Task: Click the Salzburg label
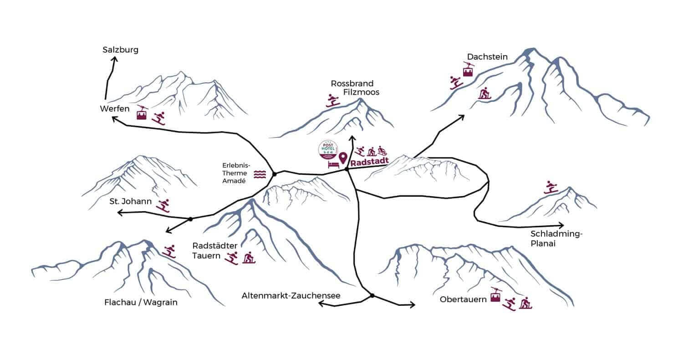point(120,50)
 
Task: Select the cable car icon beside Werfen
point(142,112)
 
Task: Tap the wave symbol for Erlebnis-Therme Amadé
point(260,174)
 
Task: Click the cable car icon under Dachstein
point(468,69)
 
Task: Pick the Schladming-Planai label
point(556,238)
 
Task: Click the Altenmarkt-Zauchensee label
point(291,296)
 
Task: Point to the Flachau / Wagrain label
point(141,302)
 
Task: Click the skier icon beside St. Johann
point(163,206)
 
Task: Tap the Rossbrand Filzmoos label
point(356,88)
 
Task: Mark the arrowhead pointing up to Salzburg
point(113,59)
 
